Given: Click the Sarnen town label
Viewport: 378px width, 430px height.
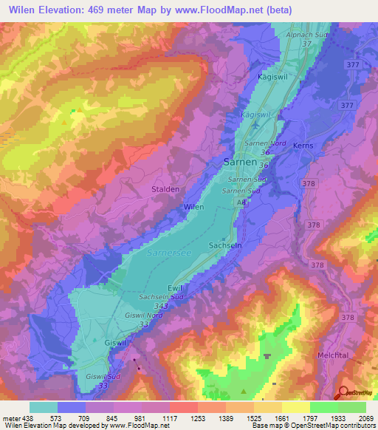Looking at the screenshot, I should (x=240, y=161).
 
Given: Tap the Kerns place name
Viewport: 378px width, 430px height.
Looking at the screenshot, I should (x=303, y=146).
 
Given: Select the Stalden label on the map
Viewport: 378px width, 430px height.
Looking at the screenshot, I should (x=165, y=189).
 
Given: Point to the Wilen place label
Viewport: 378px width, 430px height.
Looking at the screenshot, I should (x=193, y=208).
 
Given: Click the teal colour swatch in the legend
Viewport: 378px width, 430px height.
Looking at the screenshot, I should (x=44, y=407).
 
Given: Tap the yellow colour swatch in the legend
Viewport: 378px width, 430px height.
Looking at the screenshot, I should (x=295, y=407).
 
